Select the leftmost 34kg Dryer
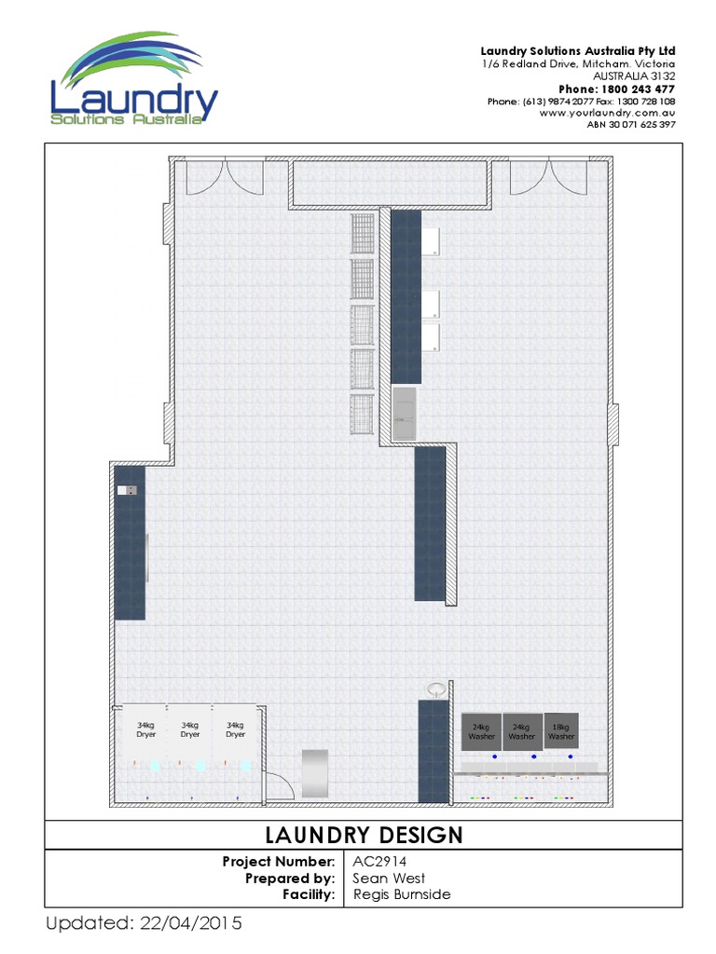coord(145,730)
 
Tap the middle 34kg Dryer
coord(190,730)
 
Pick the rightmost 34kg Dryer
coord(235,730)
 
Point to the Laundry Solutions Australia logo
coord(134,82)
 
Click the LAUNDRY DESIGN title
coord(364,834)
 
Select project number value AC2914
coord(375,861)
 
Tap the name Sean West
coord(389,878)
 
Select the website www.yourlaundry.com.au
coord(608,113)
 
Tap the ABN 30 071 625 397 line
coord(631,125)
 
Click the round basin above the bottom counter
coord(435,689)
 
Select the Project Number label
coord(278,861)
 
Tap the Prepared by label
coord(290,878)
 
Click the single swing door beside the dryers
coord(278,784)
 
